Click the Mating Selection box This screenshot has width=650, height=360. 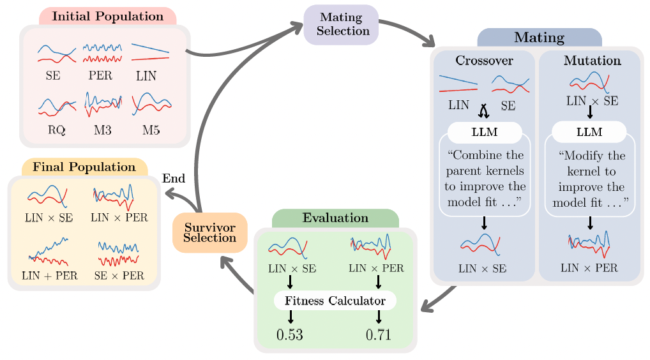click(x=341, y=25)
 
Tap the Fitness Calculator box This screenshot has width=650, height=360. click(x=335, y=301)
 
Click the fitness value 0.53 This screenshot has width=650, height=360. click(x=290, y=334)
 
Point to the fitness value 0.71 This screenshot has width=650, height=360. click(x=379, y=334)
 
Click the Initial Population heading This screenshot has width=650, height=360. click(x=107, y=17)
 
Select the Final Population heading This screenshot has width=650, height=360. click(x=84, y=167)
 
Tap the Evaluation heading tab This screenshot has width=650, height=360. click(x=335, y=218)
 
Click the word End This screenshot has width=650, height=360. click(x=174, y=178)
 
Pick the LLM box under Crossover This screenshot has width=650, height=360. click(x=484, y=132)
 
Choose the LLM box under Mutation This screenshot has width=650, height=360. click(x=589, y=132)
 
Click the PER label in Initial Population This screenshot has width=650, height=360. click(x=100, y=76)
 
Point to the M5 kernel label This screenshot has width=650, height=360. click(x=151, y=130)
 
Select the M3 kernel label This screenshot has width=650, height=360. click(x=102, y=130)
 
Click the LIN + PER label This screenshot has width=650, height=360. click(x=49, y=276)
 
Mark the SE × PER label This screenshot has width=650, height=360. click(x=119, y=276)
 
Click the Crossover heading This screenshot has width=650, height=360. click(x=484, y=61)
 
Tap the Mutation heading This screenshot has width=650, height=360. click(x=592, y=61)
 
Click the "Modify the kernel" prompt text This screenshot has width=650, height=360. click(x=590, y=179)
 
